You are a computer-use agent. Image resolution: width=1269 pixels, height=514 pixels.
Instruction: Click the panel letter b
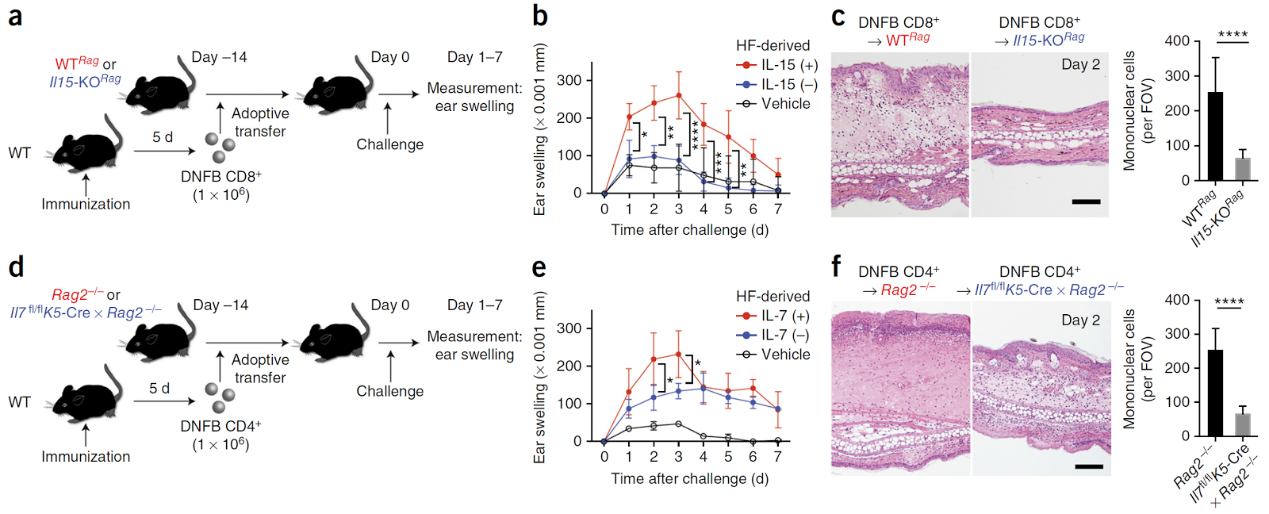click(x=540, y=16)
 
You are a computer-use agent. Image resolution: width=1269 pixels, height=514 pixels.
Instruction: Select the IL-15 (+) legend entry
click(x=777, y=65)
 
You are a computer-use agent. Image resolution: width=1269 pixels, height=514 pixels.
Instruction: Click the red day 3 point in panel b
click(x=679, y=95)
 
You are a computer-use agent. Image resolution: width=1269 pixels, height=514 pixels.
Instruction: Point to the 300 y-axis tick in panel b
click(x=569, y=80)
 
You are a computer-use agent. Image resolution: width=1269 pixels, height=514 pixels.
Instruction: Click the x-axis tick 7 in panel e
click(x=778, y=457)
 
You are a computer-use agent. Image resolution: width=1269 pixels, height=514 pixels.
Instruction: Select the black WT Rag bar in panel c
click(x=1214, y=136)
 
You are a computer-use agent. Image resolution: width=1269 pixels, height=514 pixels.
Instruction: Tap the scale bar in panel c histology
click(x=1086, y=201)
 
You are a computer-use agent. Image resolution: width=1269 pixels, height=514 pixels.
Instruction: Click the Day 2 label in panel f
click(x=1080, y=320)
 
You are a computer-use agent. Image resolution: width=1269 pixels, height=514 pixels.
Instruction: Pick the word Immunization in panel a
click(x=86, y=205)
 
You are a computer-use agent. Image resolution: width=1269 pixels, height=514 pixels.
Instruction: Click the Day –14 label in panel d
click(x=220, y=305)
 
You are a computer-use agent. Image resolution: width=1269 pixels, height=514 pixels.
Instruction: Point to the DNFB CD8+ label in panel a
click(x=221, y=177)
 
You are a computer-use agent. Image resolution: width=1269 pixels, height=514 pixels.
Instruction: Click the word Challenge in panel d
click(x=389, y=391)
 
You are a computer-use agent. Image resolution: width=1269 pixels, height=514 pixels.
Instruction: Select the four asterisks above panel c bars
click(x=1233, y=34)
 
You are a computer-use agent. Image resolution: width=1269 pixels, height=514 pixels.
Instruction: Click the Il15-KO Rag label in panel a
click(x=85, y=81)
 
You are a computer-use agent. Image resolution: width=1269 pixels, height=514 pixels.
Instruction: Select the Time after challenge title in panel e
click(x=689, y=479)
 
